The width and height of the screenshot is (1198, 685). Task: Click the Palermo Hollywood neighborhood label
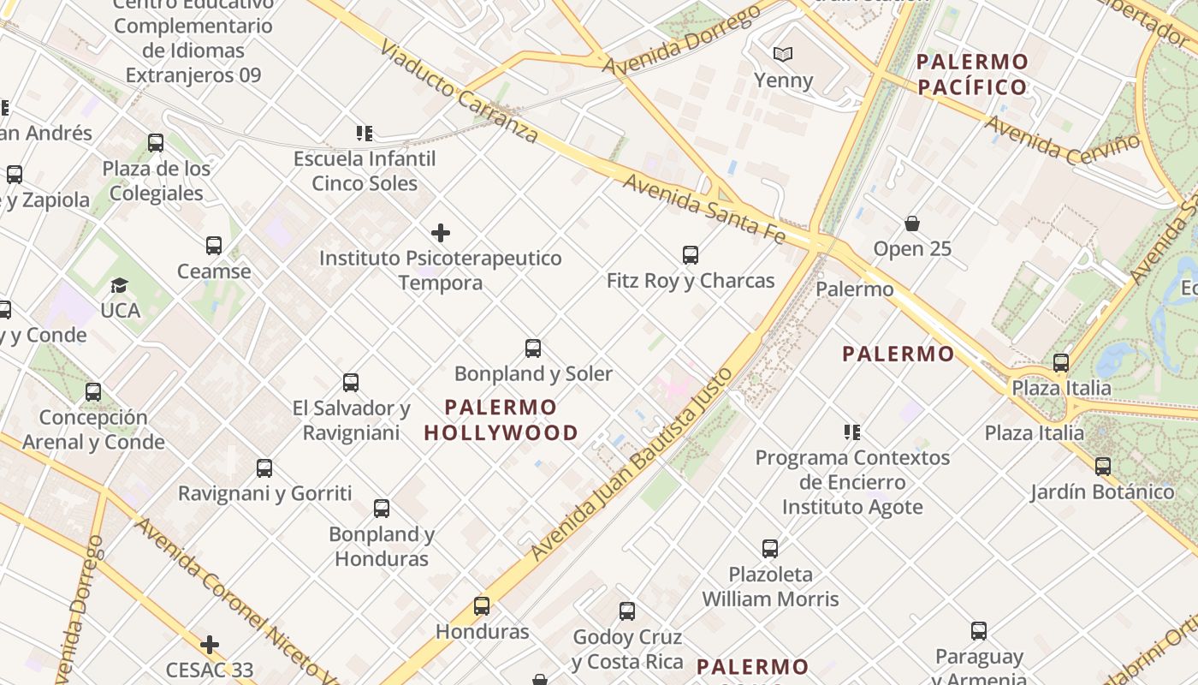click(x=501, y=420)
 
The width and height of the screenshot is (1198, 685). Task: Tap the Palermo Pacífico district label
click(x=971, y=74)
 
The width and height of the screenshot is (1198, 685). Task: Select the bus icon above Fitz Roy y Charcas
click(x=691, y=254)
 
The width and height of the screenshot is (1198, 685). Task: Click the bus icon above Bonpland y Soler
click(x=533, y=348)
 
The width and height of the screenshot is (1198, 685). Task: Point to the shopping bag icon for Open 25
click(x=912, y=223)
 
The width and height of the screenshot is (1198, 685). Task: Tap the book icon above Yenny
click(x=783, y=55)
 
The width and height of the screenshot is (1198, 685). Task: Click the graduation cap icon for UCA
click(x=120, y=285)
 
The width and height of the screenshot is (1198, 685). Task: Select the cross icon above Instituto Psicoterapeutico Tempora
click(x=441, y=232)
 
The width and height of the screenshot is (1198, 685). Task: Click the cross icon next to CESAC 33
click(x=210, y=644)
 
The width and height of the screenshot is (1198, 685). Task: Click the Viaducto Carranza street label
click(x=460, y=91)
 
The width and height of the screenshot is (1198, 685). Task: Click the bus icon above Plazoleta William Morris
click(x=770, y=548)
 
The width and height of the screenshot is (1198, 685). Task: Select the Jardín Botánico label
click(x=1102, y=491)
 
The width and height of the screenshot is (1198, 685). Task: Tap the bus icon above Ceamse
click(x=214, y=246)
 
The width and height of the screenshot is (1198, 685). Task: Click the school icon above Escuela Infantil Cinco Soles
click(x=365, y=134)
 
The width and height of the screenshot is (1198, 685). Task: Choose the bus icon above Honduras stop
click(x=482, y=606)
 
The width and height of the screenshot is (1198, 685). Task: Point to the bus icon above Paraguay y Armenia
click(x=979, y=631)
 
